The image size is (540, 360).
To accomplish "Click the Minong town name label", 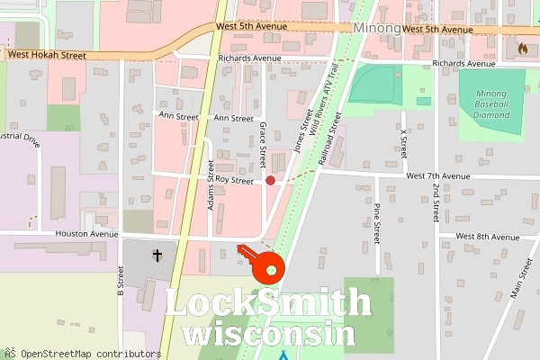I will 376,29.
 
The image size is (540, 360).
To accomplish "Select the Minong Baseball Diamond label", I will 492,104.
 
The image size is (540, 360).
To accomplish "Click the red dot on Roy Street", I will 270,181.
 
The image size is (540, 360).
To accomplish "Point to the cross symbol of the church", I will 157,256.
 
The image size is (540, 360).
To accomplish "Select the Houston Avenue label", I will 88,235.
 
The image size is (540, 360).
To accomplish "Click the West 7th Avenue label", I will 438,176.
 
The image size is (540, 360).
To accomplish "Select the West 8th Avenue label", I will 487,236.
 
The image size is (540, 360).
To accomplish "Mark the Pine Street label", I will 377,225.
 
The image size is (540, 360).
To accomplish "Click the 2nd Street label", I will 435,202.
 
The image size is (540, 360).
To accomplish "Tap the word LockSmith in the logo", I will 267,303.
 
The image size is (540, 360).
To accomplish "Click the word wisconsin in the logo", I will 267,333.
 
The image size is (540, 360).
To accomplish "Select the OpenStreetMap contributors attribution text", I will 81,353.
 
